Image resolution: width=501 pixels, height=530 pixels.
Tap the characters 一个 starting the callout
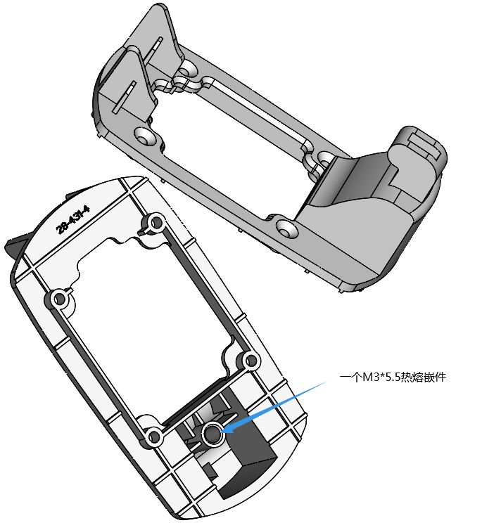coord(350,377)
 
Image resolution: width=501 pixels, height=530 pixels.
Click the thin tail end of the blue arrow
coord(326,382)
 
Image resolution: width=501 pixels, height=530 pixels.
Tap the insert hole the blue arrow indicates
coord(212,434)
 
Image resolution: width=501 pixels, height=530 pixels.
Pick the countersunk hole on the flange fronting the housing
coord(286,228)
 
